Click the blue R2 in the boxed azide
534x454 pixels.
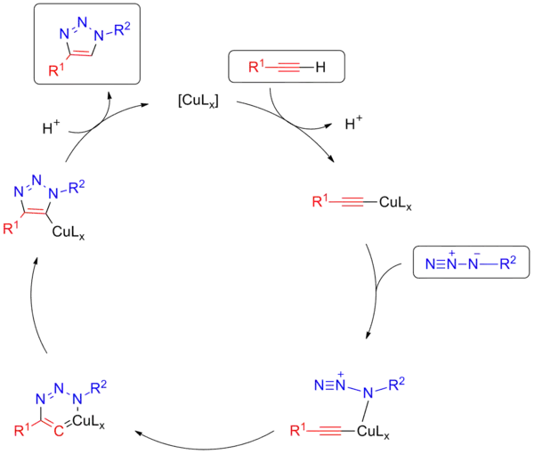[x=506, y=264]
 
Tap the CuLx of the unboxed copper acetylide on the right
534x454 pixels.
[x=395, y=203]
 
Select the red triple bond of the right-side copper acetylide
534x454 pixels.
[x=353, y=203]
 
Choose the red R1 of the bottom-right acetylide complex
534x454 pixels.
[x=299, y=431]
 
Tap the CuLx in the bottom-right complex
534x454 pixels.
[x=367, y=431]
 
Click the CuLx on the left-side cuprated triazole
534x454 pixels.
[x=69, y=235]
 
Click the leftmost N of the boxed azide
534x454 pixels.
[x=431, y=264]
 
